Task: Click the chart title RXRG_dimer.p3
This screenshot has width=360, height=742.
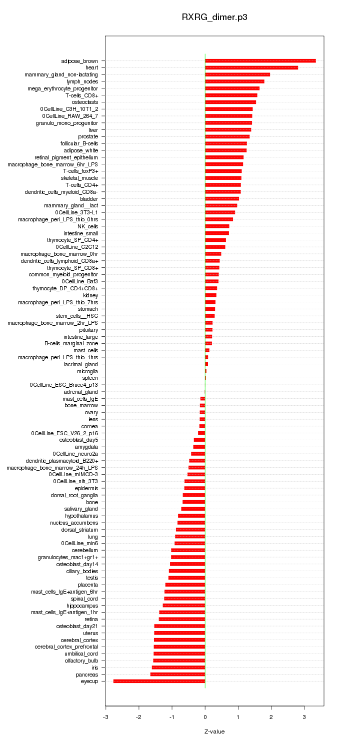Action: pos(214,17)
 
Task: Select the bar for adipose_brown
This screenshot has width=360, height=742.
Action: pos(260,61)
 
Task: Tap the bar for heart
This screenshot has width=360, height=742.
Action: pos(251,67)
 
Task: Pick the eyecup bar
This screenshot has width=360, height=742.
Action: pos(159,681)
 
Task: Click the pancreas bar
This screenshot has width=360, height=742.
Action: pos(177,675)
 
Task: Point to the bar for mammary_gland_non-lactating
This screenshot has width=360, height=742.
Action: pos(237,74)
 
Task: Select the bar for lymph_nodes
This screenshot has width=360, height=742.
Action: pos(234,81)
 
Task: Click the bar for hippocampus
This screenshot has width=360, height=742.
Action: pos(183,606)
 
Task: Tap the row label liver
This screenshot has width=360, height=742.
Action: pos(93,130)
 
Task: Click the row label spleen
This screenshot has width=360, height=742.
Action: pos(90,378)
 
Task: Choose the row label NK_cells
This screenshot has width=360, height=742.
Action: pos(87,226)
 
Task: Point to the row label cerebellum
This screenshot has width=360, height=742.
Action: pos(85,550)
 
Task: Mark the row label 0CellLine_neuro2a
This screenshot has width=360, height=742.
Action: pos(75,454)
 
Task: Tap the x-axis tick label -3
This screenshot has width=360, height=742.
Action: pos(105,717)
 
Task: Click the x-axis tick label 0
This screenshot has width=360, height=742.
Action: pos(205,717)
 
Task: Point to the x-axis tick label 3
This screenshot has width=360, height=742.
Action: pos(304,717)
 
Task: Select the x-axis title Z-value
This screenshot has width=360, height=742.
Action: pos(214,732)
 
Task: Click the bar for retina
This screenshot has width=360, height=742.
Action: pos(181,619)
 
